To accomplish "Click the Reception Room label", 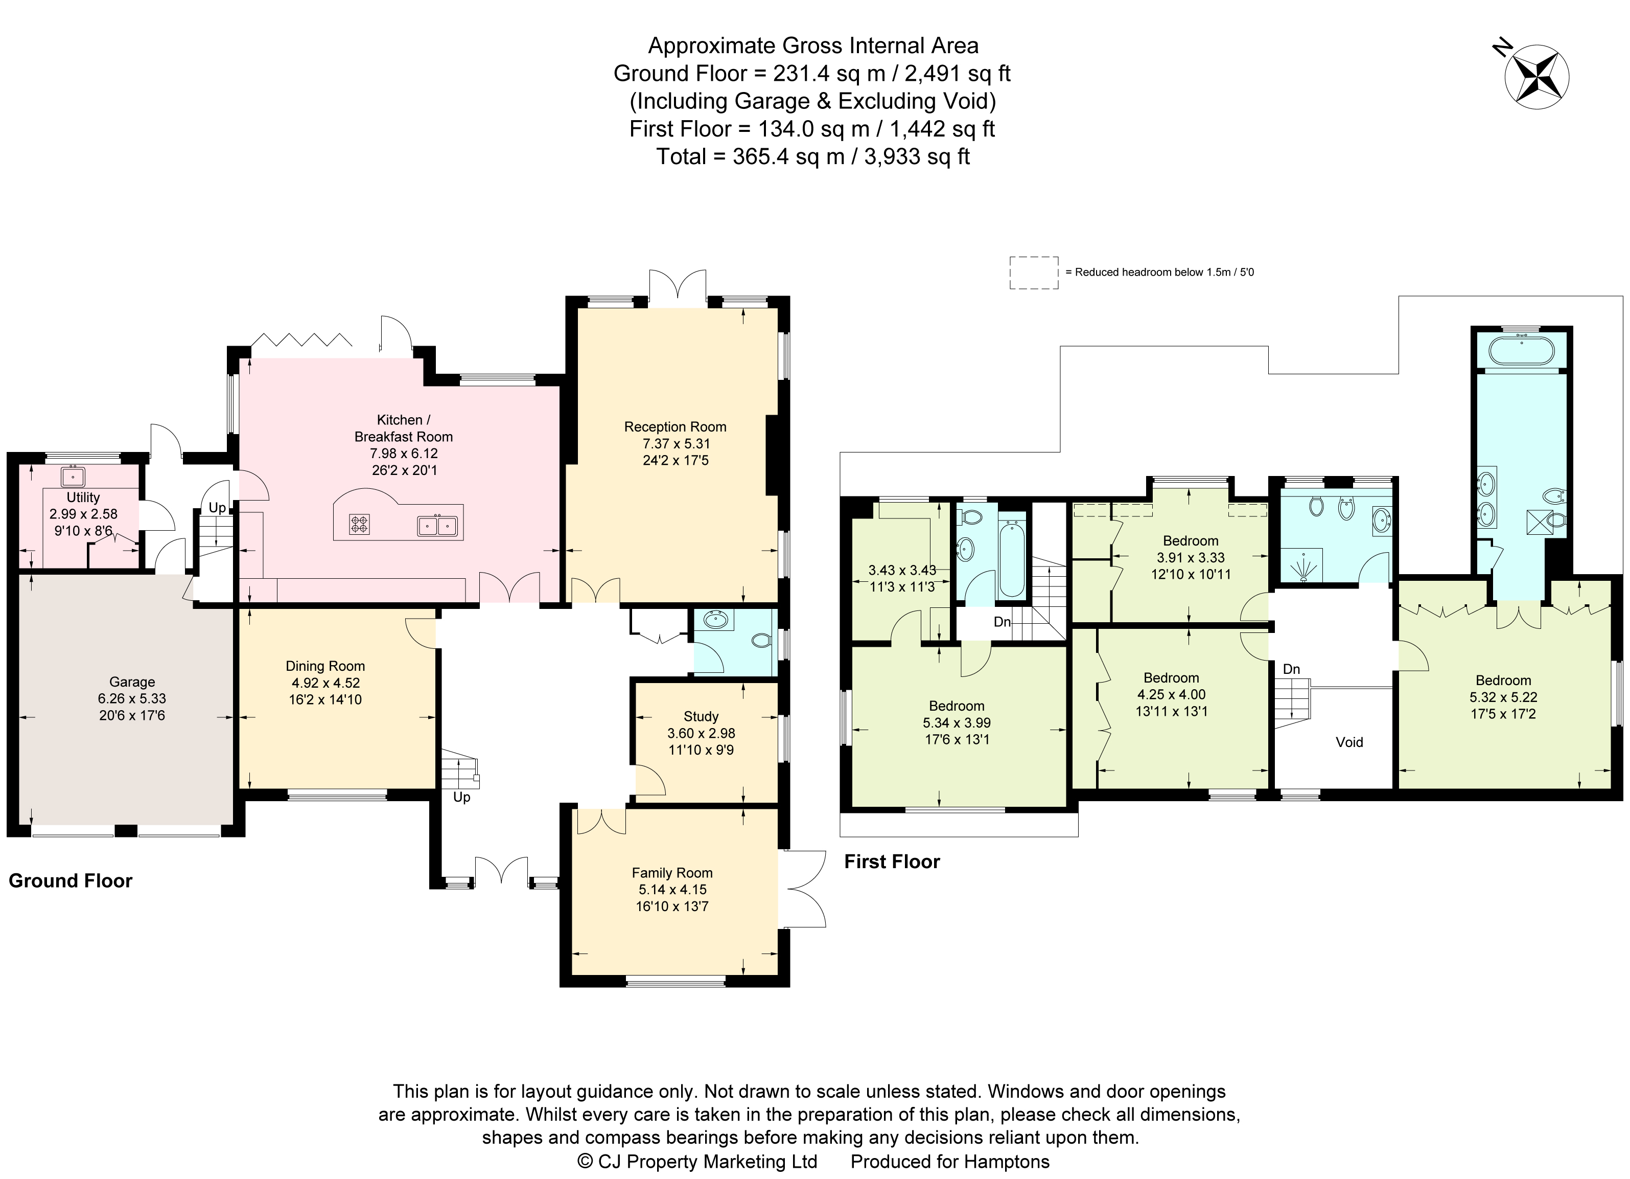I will (x=675, y=426).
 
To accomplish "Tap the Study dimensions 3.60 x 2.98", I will (x=701, y=733).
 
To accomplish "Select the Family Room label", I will (x=672, y=873).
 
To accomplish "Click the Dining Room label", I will (x=325, y=666).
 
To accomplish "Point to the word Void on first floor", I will (x=1349, y=742).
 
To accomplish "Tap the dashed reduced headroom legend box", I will (x=1034, y=273).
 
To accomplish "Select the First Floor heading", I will (x=891, y=861).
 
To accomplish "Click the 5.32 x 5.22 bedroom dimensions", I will (x=1503, y=697).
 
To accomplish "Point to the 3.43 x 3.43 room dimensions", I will (x=902, y=570).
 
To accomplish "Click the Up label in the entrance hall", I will (x=461, y=797).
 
